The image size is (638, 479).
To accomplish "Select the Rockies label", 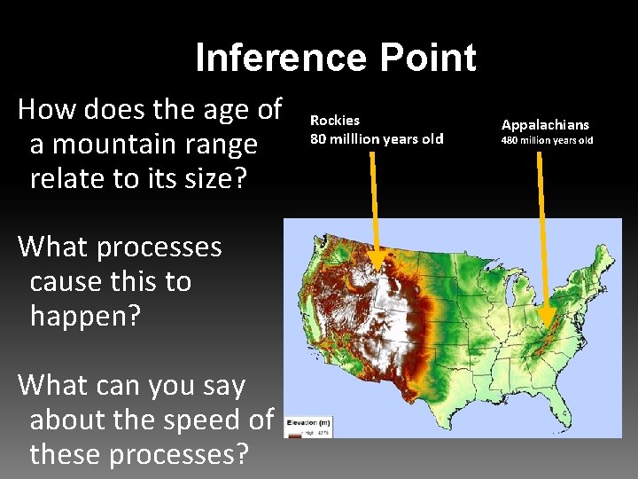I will tap(335, 120).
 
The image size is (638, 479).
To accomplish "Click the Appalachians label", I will tap(545, 125).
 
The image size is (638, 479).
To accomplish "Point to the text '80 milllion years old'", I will tap(377, 138).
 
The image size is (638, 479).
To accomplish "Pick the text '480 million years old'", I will tap(547, 140).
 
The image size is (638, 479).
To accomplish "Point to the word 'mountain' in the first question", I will tap(131, 144).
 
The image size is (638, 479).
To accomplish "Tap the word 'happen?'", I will tap(85, 315).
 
